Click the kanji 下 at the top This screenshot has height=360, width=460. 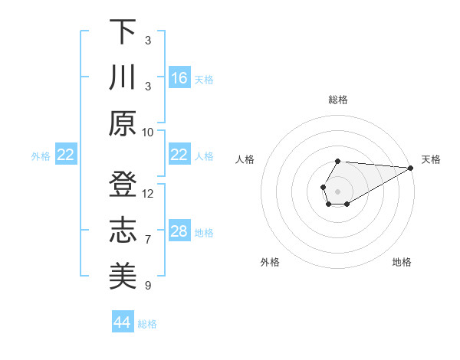(x=123, y=34)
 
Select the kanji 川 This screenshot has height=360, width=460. (x=123, y=78)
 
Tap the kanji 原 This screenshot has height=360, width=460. (x=123, y=123)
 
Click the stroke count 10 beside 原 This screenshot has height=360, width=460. (x=148, y=132)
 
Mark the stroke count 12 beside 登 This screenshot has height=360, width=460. (x=148, y=194)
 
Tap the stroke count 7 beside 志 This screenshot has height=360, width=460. (x=148, y=240)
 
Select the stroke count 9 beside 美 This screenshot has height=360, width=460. (x=148, y=286)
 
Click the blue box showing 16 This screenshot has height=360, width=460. (x=179, y=77)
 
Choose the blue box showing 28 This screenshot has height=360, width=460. (x=179, y=232)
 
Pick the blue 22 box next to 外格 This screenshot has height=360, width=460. (x=66, y=155)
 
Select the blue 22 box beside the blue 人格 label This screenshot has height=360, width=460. (x=179, y=155)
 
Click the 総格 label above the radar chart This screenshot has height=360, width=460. (x=338, y=100)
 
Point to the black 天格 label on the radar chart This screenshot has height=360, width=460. (x=431, y=159)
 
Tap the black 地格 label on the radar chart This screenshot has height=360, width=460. (x=402, y=262)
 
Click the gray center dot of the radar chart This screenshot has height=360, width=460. (x=337, y=190)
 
